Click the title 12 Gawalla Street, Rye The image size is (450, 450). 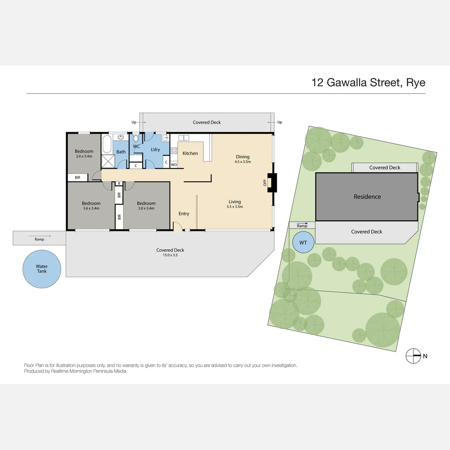pyautogui.click(x=368, y=82)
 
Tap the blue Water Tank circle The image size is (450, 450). pyautogui.click(x=42, y=269)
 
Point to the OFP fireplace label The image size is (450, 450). pyautogui.click(x=265, y=182)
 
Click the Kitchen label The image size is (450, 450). pyautogui.click(x=190, y=153)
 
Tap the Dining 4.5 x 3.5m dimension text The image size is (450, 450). pyautogui.click(x=242, y=162)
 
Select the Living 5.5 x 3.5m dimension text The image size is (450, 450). pyautogui.click(x=235, y=207)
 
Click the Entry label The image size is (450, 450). pyautogui.click(x=184, y=214)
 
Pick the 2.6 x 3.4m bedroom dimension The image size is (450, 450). pyautogui.click(x=84, y=157)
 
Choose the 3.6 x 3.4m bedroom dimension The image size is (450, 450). pyautogui.click(x=91, y=208)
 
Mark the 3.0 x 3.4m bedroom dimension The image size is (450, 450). pyautogui.click(x=146, y=208)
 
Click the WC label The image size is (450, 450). pyautogui.click(x=136, y=147)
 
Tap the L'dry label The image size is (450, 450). pyautogui.click(x=155, y=149)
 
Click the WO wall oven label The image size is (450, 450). pyautogui.click(x=174, y=165)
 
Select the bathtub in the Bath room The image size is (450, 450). pyautogui.click(x=107, y=144)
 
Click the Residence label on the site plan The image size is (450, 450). pyautogui.click(x=367, y=197)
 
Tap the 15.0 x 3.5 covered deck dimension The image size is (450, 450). pyautogui.click(x=170, y=255)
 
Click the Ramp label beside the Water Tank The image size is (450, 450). pyautogui.click(x=39, y=239)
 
